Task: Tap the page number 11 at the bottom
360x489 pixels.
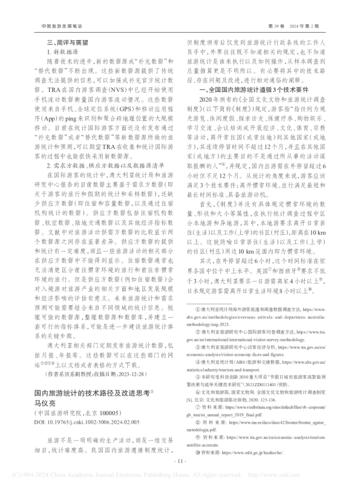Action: (x=180, y=462)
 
